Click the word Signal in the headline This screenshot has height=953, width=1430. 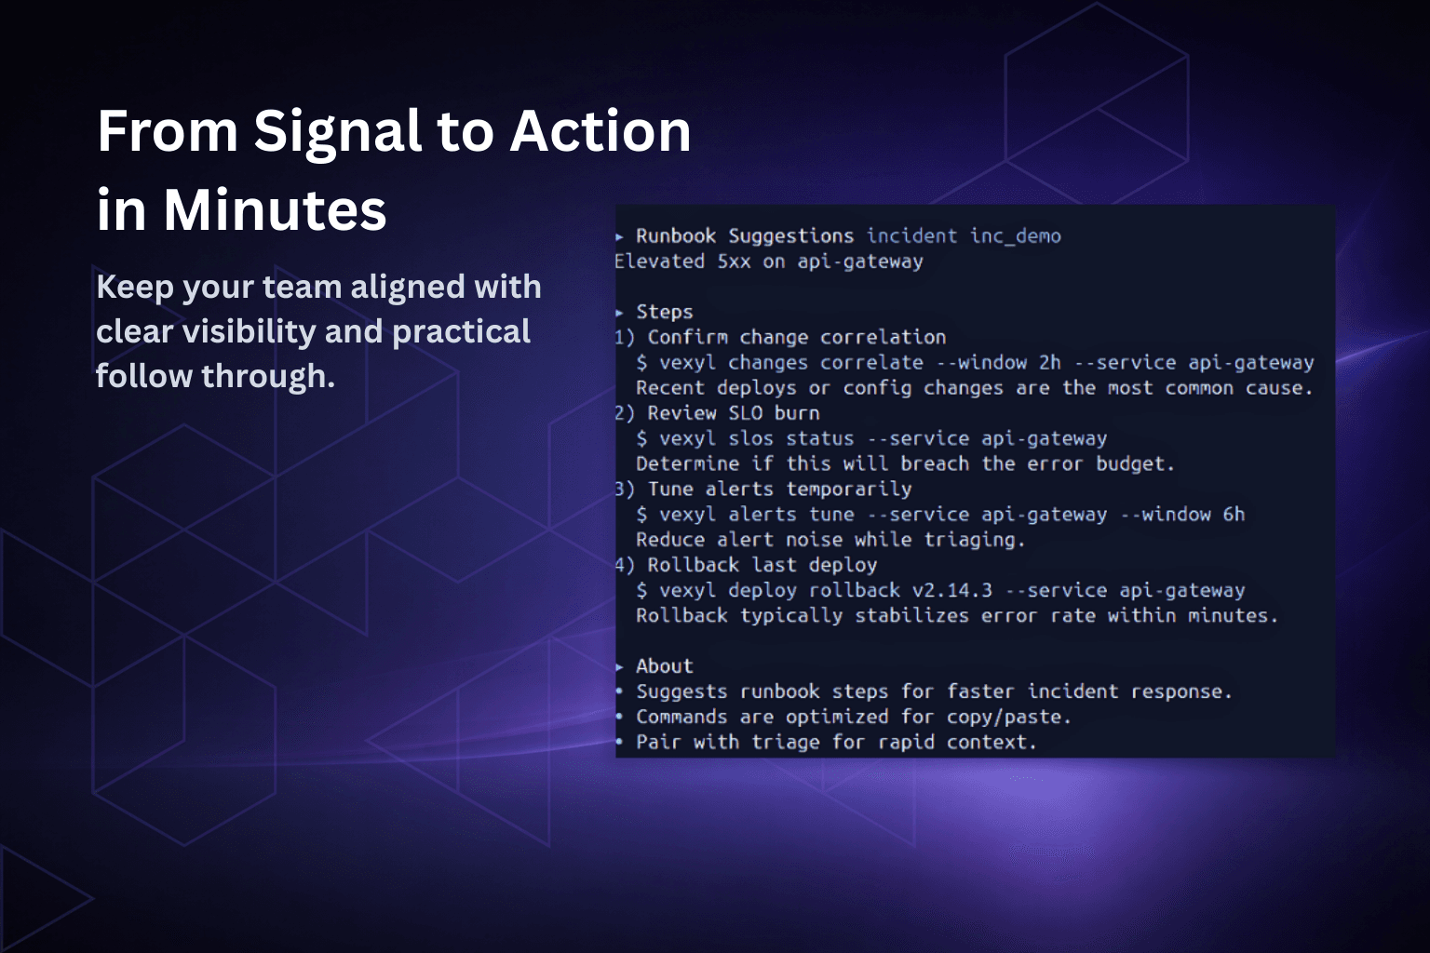pos(338,131)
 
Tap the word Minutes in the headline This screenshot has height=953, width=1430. pos(275,210)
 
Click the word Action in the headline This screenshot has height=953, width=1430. pos(600,131)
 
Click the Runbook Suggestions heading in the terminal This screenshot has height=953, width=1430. pos(744,236)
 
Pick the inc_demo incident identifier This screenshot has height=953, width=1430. pos(1015,236)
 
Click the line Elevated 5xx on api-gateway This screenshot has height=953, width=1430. pos(768,262)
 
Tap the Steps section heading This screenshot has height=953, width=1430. pos(664,313)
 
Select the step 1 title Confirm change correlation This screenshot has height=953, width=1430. pos(796,338)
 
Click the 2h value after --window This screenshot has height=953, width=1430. pos(1049,363)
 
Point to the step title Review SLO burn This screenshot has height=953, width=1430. pos(733,413)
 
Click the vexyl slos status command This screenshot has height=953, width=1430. pos(756,438)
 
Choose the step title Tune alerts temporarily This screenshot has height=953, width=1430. pos(779,490)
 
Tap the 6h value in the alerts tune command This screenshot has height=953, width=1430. pos(1233,515)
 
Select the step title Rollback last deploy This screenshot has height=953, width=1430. pos(762,565)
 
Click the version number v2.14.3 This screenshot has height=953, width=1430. pos(951,590)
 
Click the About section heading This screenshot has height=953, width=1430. pos(664,666)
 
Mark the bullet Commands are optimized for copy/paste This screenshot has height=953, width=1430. pos(853,718)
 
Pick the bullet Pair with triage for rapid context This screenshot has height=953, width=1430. pos(835,743)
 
